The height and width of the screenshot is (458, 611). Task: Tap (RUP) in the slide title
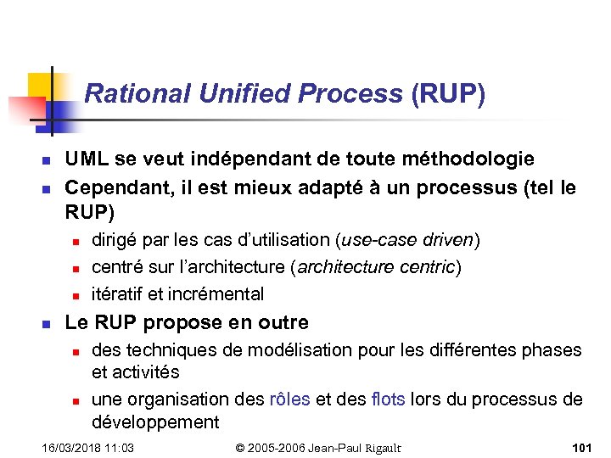pos(448,93)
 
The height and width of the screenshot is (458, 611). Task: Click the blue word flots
pos(388,399)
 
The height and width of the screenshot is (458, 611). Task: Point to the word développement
pos(155,422)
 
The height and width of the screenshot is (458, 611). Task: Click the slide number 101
pos(582,447)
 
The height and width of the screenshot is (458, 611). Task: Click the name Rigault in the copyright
pos(378,447)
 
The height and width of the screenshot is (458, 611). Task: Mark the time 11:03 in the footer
pos(121,447)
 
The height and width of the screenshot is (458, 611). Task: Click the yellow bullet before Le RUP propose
pos(48,323)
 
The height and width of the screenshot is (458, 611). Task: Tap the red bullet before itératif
pos(75,296)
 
